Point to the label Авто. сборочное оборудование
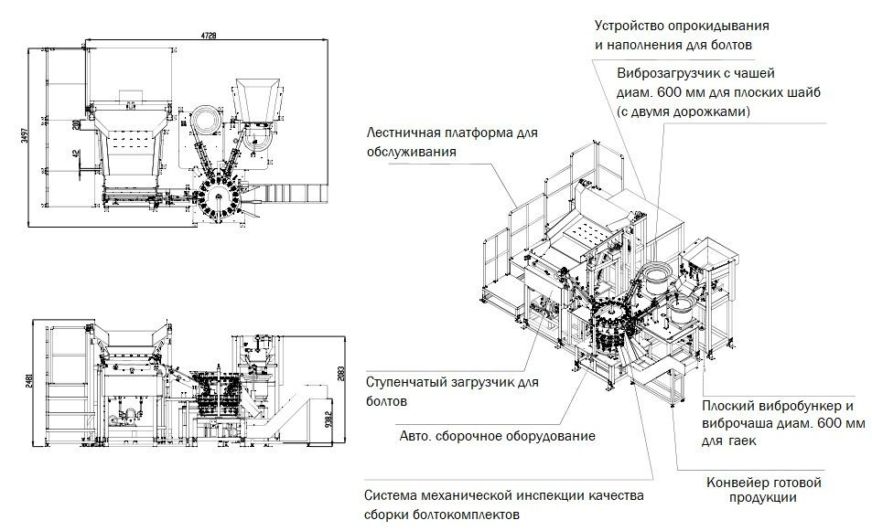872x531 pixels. pyautogui.click(x=497, y=435)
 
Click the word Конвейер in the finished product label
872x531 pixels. pyautogui.click(x=737, y=482)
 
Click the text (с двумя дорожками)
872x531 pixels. pyautogui.click(x=684, y=112)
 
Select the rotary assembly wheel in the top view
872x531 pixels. pyautogui.click(x=219, y=196)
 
